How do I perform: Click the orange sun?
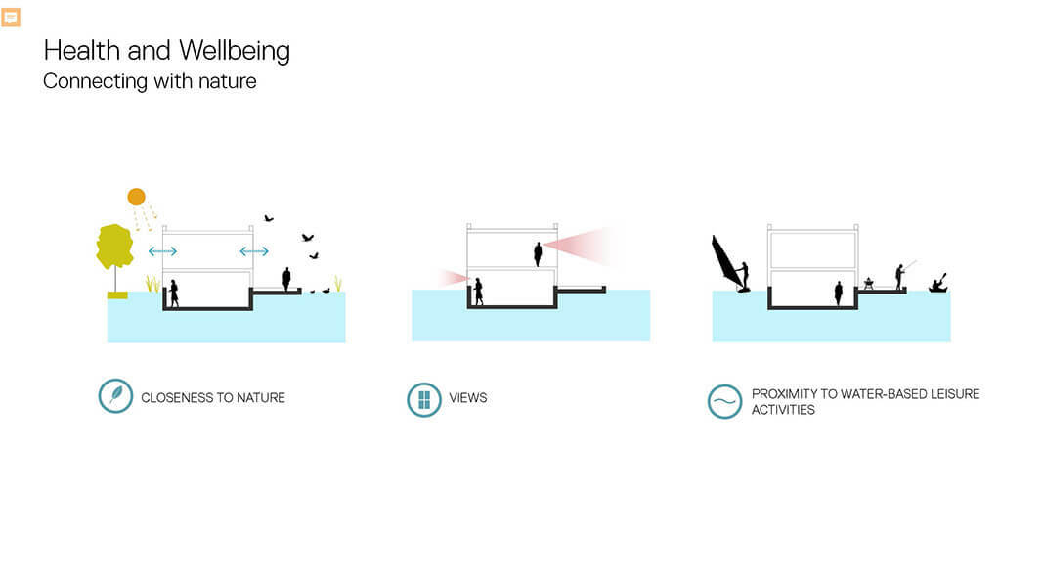point(136,197)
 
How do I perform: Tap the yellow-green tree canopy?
point(114,246)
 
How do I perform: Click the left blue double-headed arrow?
point(162,250)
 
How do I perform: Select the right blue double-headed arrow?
point(254,250)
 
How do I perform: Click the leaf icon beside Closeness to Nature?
point(115,395)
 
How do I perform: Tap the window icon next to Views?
point(423,399)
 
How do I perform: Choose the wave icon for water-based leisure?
point(724,401)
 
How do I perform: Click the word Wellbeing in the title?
point(235,51)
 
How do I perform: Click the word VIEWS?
point(467,398)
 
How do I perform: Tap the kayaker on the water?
point(937,284)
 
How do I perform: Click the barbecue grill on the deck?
point(868,283)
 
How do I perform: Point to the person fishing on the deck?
point(900,277)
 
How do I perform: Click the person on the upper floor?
point(538,254)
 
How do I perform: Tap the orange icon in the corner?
point(11,18)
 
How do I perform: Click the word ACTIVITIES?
point(783,410)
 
